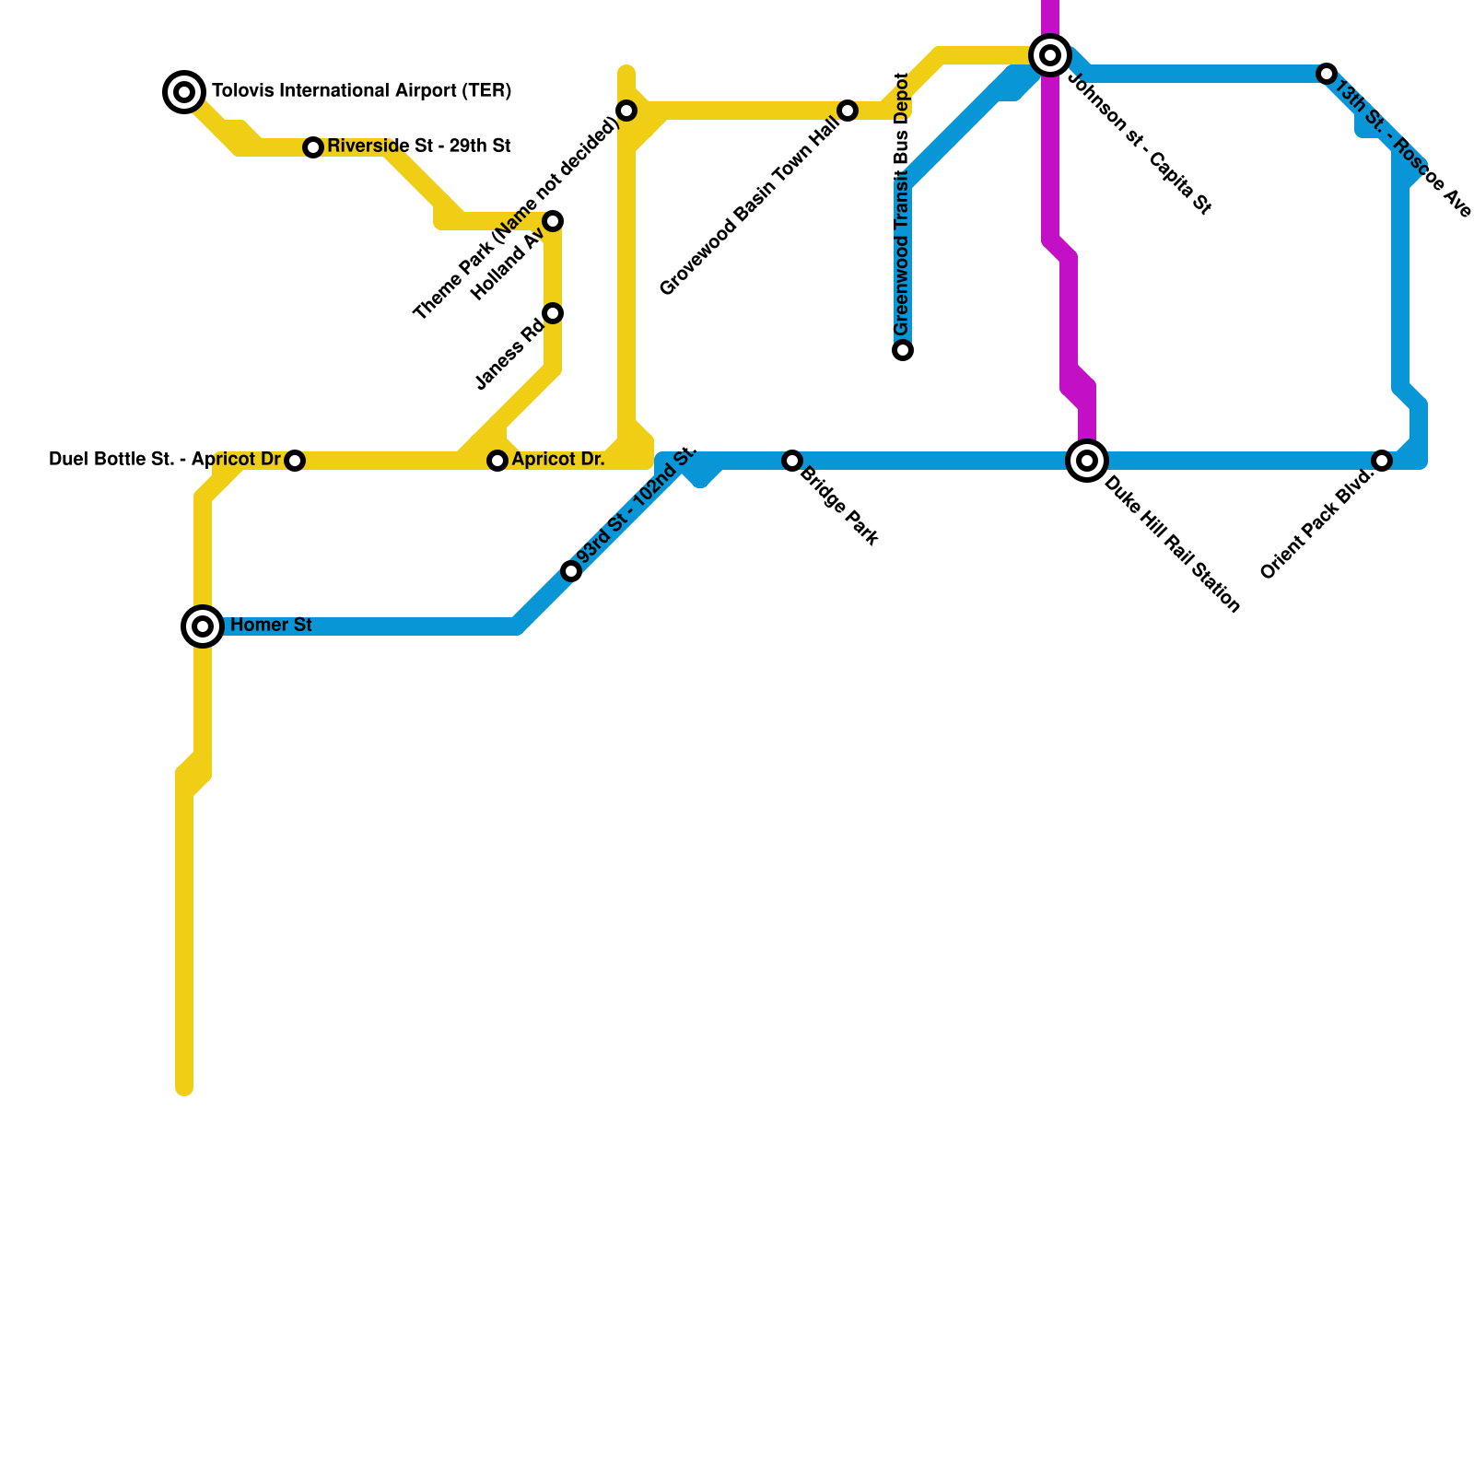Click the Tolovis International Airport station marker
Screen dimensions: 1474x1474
[184, 91]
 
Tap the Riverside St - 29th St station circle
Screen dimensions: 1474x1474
[313, 147]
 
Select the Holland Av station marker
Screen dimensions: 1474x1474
[553, 221]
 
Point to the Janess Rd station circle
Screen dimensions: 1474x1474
[553, 313]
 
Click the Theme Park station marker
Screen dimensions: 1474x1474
[626, 111]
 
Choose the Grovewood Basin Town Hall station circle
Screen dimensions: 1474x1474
[848, 111]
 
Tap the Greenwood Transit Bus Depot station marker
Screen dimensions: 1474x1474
[903, 350]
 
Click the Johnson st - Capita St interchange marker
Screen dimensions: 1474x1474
[1050, 55]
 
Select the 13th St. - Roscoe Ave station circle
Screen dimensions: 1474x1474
[1327, 74]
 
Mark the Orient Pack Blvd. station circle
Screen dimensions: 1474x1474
[1382, 461]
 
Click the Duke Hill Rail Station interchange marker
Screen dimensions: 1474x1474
[1087, 460]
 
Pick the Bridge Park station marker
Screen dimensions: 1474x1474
[792, 461]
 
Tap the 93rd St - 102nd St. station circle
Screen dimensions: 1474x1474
[571, 571]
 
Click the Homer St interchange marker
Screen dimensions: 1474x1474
[203, 626]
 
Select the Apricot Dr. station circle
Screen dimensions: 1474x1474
[497, 461]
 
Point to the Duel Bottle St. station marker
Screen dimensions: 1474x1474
[295, 461]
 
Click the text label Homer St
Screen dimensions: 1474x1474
[271, 626]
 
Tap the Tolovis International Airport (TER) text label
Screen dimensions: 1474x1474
[361, 91]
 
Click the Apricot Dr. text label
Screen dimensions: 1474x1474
[558, 460]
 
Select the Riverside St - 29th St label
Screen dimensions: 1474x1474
[418, 146]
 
